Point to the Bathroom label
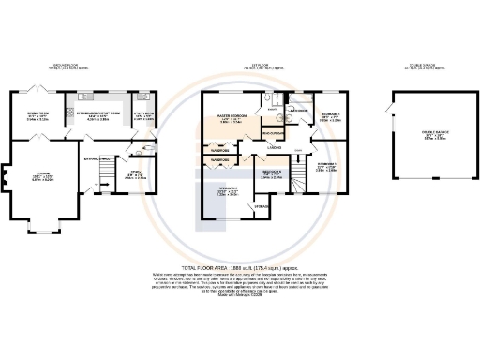[x=298, y=110]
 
